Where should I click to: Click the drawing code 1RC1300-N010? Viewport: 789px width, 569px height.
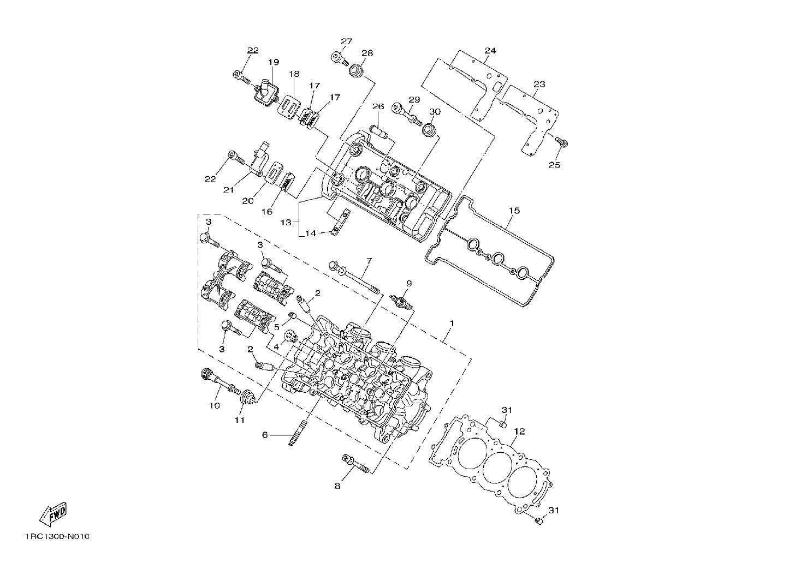click(57, 547)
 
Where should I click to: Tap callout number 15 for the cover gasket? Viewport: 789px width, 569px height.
click(514, 211)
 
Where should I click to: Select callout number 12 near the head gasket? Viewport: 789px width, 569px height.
click(520, 432)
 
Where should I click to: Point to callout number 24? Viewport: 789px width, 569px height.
click(490, 51)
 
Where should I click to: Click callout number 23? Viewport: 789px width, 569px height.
click(539, 85)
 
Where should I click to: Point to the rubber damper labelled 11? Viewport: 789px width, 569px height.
click(247, 398)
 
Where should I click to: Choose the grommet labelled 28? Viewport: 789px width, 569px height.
click(357, 70)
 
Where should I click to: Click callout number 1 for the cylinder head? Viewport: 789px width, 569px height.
click(452, 324)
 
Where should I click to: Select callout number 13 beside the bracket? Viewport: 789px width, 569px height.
click(286, 223)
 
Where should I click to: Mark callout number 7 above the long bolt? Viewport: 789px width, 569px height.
click(369, 261)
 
